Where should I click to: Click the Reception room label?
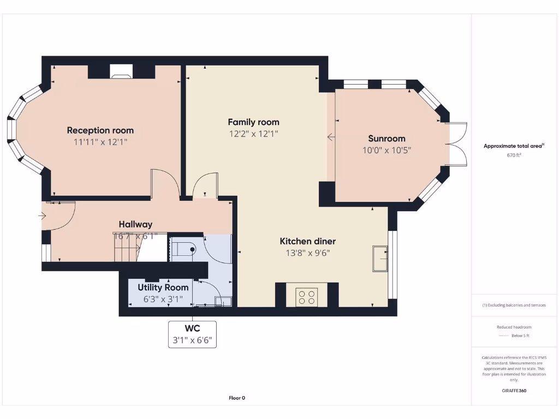click(x=100, y=130)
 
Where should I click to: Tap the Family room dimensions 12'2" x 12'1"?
click(x=253, y=134)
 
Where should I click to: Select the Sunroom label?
click(x=386, y=139)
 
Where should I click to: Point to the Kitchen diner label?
click(x=308, y=241)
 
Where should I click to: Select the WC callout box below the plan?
click(x=192, y=334)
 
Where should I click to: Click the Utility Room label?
click(x=163, y=288)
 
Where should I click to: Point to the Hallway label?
click(x=135, y=224)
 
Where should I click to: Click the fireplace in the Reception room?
click(x=121, y=71)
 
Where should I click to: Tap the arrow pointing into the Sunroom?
click(x=331, y=137)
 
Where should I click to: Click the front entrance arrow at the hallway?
click(x=43, y=216)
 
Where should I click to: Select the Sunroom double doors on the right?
click(x=457, y=144)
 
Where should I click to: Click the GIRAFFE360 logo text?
click(x=513, y=391)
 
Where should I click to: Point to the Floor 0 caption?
click(x=237, y=398)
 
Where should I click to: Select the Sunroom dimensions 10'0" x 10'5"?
click(x=386, y=150)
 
